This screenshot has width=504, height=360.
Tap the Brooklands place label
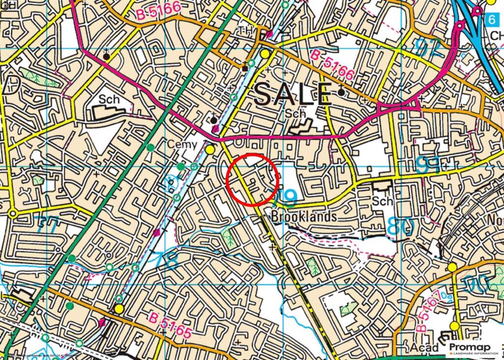[304, 216]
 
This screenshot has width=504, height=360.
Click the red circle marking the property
[253, 179]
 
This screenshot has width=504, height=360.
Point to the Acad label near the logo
[424, 348]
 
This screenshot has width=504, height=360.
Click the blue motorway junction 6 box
[490, 20]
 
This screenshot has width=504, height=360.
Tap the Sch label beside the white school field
[109, 99]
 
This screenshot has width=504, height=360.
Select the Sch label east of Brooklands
[382, 201]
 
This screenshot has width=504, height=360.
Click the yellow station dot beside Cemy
[210, 149]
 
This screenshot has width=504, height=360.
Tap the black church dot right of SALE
[341, 92]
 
